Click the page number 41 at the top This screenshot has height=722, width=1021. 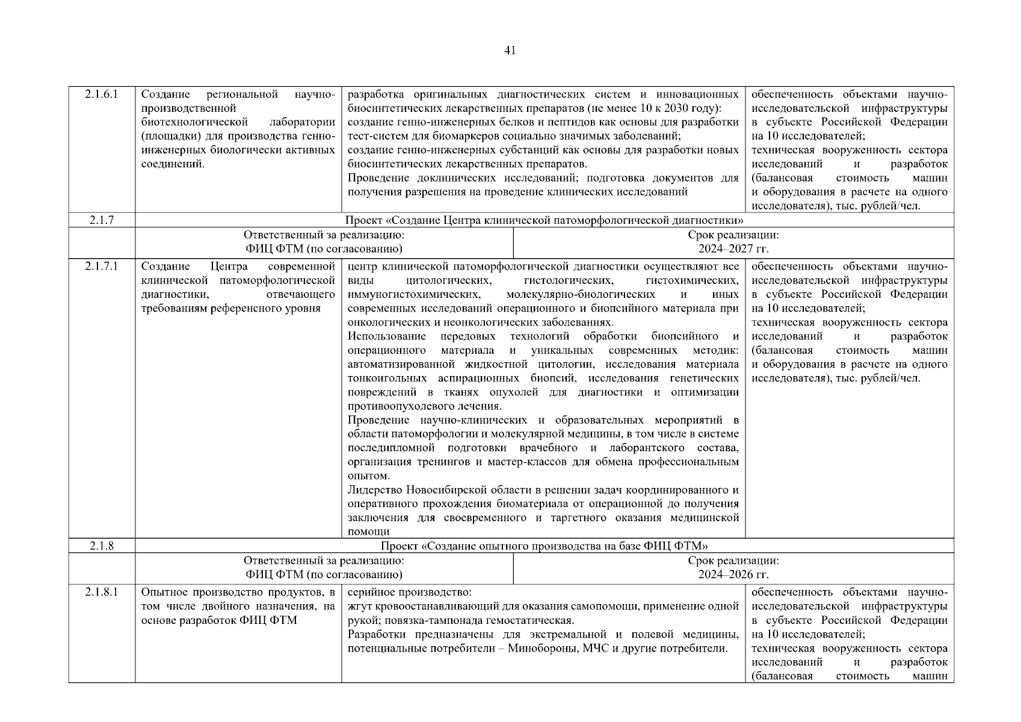510,51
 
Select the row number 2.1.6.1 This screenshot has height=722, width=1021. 102,94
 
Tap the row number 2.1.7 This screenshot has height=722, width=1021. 102,220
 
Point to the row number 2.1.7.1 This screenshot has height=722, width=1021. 102,267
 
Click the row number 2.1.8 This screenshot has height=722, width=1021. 102,546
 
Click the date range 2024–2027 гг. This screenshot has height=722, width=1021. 733,249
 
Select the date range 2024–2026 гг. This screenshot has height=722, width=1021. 733,575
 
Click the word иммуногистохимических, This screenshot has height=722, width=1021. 414,295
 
